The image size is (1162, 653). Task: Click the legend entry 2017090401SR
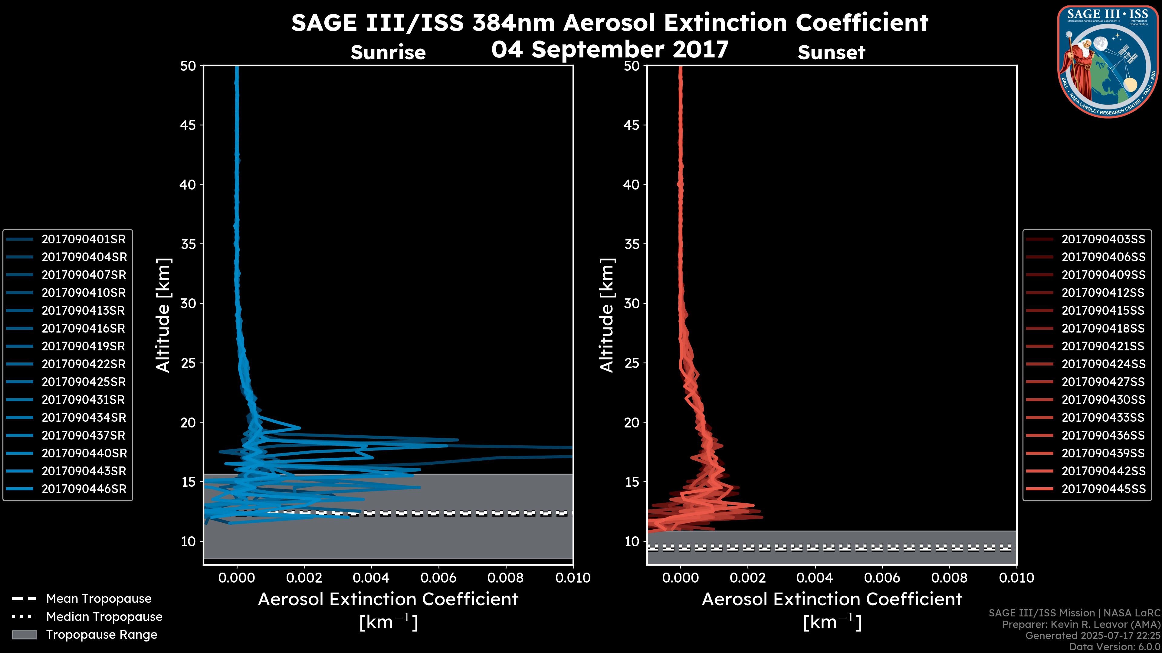pos(84,239)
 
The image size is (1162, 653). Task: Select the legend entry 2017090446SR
pos(84,489)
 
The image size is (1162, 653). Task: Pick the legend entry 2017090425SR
pos(84,382)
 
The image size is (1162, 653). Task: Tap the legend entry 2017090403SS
pos(1103,239)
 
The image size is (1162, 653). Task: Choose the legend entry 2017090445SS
pos(1103,489)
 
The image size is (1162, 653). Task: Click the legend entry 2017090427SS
pos(1103,382)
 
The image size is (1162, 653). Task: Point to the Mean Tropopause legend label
pos(99,599)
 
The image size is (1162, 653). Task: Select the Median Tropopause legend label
pos(104,617)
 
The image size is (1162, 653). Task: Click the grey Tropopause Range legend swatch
pos(24,635)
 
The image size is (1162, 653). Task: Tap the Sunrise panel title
pos(388,53)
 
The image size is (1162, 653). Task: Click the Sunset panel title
pos(831,53)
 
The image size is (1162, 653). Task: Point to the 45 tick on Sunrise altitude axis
pos(188,125)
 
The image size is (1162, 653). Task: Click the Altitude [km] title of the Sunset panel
pos(607,315)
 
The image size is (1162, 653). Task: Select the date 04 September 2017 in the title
pos(610,50)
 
